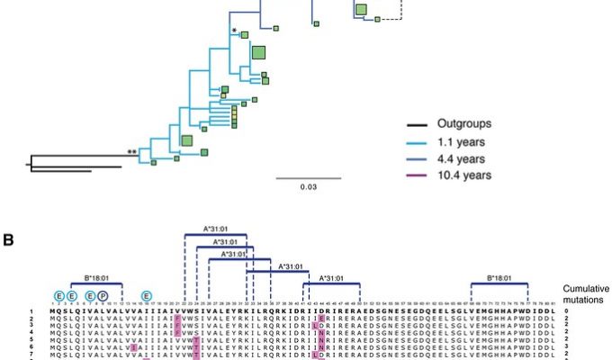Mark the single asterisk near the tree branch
click(234, 32)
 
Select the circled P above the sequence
click(103, 295)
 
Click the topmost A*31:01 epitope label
click(215, 229)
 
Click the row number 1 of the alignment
click(30, 310)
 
